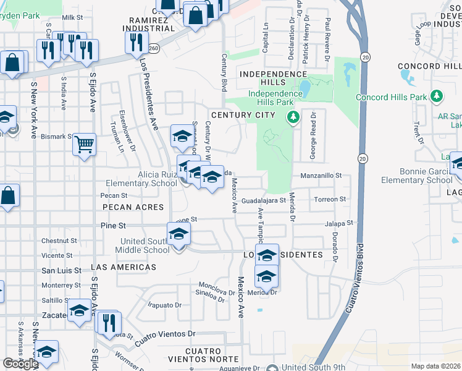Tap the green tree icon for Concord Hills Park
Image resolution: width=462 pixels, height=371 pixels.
pos(437,96)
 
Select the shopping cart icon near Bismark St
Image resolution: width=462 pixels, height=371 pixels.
pos(85,145)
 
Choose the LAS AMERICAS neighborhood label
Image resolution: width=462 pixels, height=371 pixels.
pos(124,267)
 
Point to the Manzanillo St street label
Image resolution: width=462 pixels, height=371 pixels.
pos(321,176)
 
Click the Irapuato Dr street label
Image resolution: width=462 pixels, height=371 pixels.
pos(164,305)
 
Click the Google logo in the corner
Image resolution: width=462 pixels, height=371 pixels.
pos(20,364)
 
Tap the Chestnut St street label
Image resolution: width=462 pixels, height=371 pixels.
pos(58,240)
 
